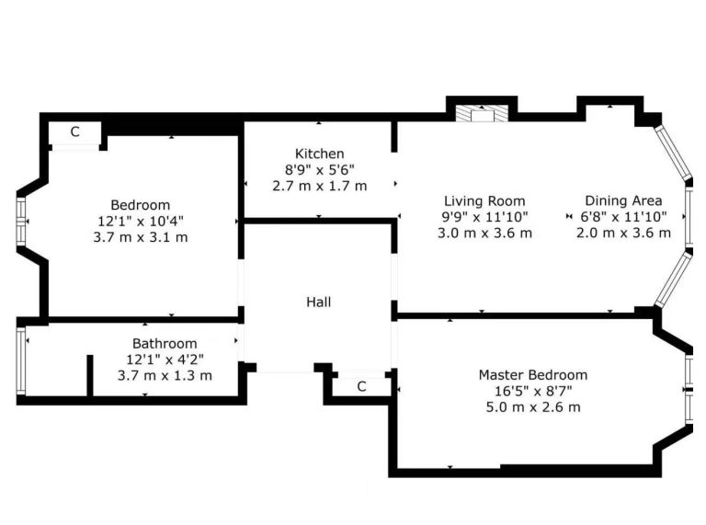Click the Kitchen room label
319,154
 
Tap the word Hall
318,302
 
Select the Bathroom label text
165,344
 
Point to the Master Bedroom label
532,374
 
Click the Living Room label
484,200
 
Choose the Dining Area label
623,200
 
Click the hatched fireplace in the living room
482,113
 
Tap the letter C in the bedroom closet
74,131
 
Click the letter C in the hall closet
361,386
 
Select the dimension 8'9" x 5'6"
319,170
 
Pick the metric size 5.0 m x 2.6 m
532,407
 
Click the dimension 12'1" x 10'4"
141,221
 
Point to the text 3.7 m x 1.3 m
165,375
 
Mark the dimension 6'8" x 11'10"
623,217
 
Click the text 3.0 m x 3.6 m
484,233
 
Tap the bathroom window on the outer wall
21,361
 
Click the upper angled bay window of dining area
673,153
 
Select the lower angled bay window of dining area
673,280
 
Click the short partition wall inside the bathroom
89,376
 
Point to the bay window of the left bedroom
21,221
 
